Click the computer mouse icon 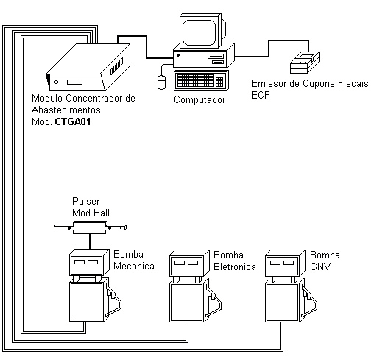[161, 82]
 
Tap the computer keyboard [201, 80]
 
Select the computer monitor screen [199, 32]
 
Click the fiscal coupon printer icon [305, 63]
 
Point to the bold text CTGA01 [73, 121]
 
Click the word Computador [200, 100]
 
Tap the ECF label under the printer [260, 95]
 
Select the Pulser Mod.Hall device [90, 227]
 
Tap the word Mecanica [134, 266]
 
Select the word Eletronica [235, 267]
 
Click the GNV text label [320, 267]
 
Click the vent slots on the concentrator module [117, 66]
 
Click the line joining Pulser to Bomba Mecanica [90, 241]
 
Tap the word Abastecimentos [66, 110]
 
